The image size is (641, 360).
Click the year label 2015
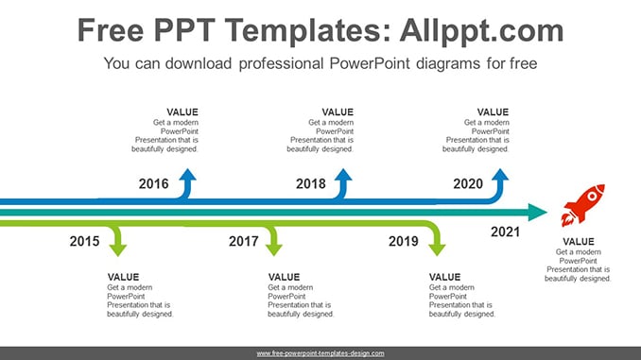coord(84,241)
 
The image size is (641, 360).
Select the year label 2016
coord(153,183)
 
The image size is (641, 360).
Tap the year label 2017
coord(244,241)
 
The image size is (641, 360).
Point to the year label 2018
coord(311,183)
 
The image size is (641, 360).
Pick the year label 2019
coord(404,241)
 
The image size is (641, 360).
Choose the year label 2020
coord(468,183)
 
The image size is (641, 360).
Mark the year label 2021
coord(505,231)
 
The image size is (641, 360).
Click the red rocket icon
coord(583,206)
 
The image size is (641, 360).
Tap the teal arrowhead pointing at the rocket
coord(538,212)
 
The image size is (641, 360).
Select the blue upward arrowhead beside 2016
coord(187,175)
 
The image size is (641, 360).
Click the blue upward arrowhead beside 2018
coord(343,175)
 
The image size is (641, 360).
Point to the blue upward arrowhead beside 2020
coord(500,175)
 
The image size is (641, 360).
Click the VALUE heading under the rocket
coord(579,242)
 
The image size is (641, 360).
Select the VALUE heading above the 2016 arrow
coord(182,111)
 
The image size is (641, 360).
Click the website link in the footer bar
coord(320,353)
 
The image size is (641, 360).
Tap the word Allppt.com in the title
coord(481,30)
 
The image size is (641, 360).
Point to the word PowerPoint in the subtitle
coord(370,63)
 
